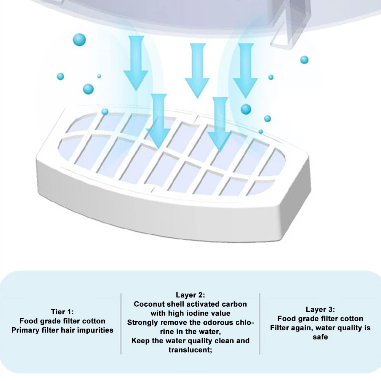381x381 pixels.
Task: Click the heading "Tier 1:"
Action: pyautogui.click(x=62, y=311)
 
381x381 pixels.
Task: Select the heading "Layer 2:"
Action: pyautogui.click(x=190, y=295)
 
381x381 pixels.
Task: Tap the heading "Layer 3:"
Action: pyautogui.click(x=320, y=309)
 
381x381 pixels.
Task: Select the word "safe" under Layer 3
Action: pyautogui.click(x=320, y=337)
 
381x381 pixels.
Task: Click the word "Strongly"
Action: pyautogui.click(x=142, y=322)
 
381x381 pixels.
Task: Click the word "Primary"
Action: pyautogui.click(x=26, y=330)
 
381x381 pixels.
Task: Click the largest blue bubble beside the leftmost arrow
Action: pyautogui.click(x=79, y=40)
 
